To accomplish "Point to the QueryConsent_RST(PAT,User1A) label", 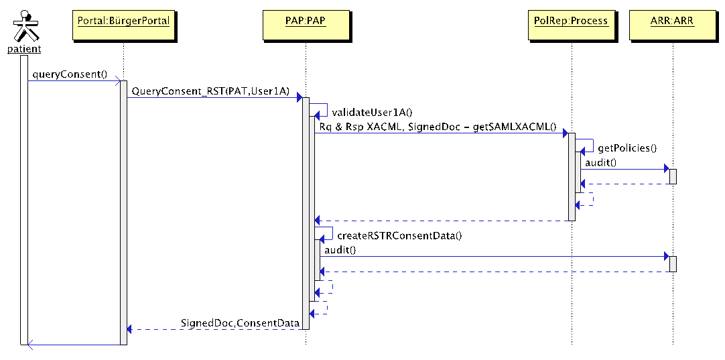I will (x=210, y=91).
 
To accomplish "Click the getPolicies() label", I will (x=627, y=148).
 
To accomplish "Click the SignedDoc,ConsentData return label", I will (x=240, y=323).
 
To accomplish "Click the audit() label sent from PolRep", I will (x=600, y=163).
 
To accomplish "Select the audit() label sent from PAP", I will (x=340, y=250).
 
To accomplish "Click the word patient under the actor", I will (x=24, y=49).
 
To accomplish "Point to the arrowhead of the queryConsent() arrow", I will (x=117, y=82).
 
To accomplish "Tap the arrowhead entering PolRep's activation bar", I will (x=565, y=133).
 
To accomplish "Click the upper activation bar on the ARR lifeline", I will (x=673, y=176).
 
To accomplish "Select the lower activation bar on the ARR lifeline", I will (x=673, y=263).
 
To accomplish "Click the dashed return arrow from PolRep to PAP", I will (x=442, y=220).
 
